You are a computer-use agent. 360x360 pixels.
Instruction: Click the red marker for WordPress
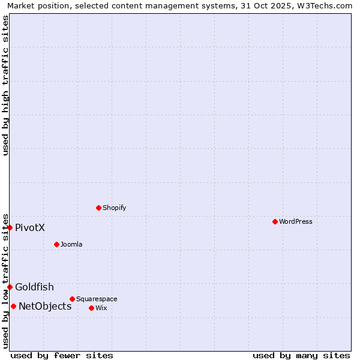[x=275, y=221]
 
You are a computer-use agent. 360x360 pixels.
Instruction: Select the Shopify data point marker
[x=98, y=208]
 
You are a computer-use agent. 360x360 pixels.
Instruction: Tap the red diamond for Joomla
[x=56, y=244]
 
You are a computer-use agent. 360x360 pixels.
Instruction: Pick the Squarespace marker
[x=72, y=299]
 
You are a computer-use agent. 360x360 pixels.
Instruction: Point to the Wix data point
[x=91, y=308]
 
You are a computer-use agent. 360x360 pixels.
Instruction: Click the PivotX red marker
[x=10, y=227]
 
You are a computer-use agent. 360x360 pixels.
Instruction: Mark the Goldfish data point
[x=10, y=287]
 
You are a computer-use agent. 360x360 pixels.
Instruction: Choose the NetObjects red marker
[x=13, y=306]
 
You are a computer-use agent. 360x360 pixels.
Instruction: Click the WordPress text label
[x=296, y=221]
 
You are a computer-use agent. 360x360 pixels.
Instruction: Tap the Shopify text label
[x=114, y=208]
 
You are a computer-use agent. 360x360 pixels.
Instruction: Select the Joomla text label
[x=71, y=244]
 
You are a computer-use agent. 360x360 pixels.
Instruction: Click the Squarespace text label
[x=97, y=299]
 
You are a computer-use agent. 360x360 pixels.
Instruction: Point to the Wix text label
[x=101, y=308]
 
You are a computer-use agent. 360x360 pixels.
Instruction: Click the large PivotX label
[x=30, y=227]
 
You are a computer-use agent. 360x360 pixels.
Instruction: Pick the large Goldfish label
[x=34, y=287]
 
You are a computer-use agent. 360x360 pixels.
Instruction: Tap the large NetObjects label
[x=45, y=306]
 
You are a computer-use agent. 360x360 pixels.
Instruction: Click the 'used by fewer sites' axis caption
[x=62, y=355]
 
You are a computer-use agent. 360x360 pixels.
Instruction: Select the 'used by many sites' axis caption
[x=301, y=355]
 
